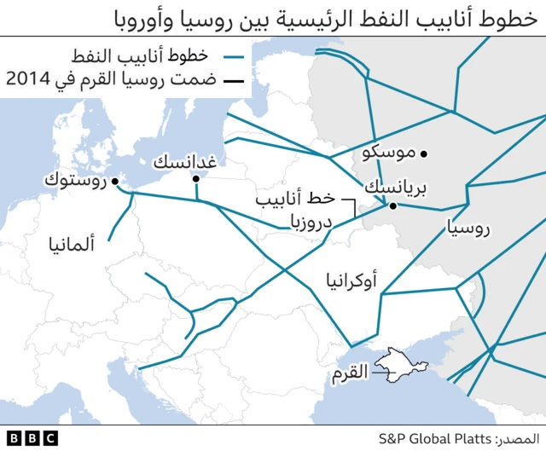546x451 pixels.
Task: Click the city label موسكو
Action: [x=389, y=153]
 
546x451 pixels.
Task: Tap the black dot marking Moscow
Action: [x=424, y=153]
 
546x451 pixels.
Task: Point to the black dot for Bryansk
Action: [x=392, y=205]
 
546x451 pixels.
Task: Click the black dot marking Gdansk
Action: [x=196, y=178]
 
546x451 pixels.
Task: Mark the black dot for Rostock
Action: [x=117, y=180]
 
